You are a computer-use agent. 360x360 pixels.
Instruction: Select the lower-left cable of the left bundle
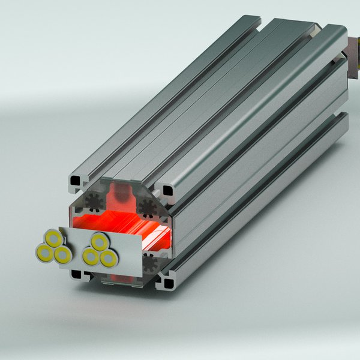(45, 252)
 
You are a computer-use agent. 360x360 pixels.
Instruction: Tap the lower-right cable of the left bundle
(62, 256)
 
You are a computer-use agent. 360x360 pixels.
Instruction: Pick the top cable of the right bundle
(99, 242)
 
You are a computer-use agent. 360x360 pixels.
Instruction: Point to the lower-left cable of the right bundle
(91, 257)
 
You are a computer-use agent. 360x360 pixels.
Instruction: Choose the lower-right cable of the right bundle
(108, 259)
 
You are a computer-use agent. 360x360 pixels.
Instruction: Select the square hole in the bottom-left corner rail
(76, 274)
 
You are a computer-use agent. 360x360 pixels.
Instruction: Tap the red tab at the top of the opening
(122, 193)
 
